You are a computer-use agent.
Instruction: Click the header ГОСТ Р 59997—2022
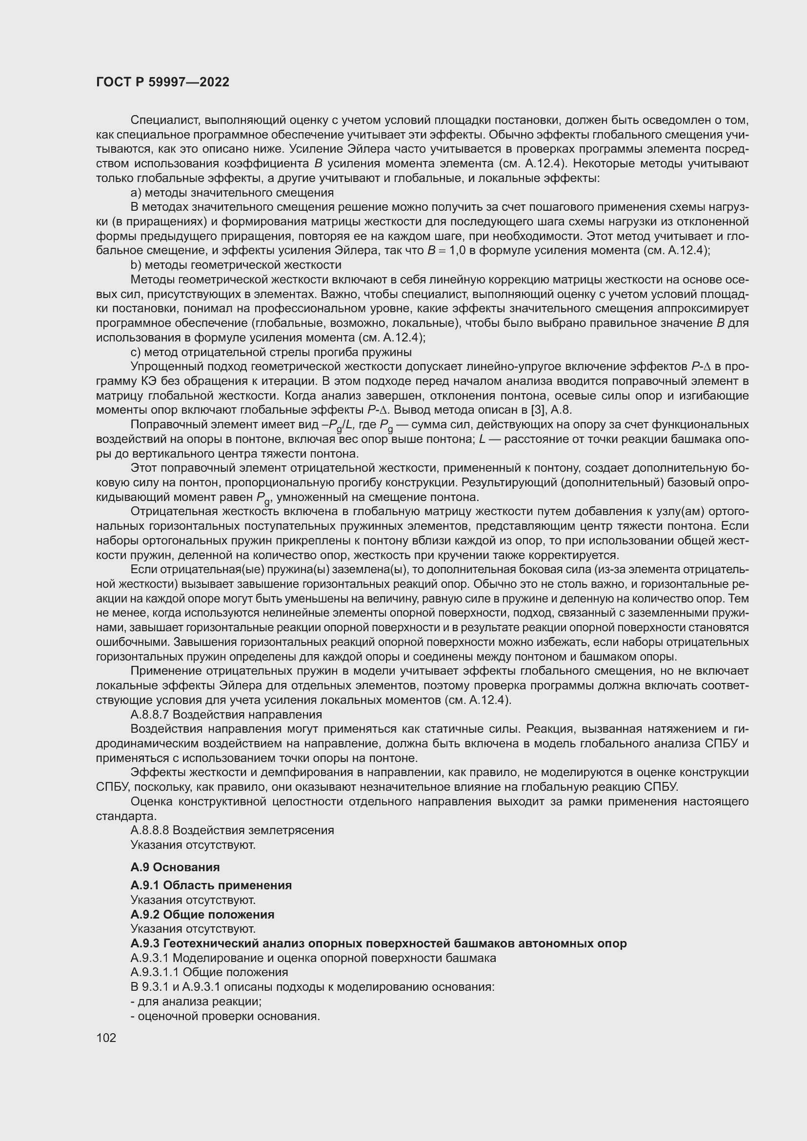pyautogui.click(x=162, y=82)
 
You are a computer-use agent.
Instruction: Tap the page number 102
pyautogui.click(x=106, y=1038)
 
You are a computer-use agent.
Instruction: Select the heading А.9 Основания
pyautogui.click(x=175, y=867)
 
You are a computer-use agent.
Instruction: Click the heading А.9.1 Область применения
pyautogui.click(x=211, y=885)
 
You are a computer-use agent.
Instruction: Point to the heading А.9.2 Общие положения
pyautogui.click(x=202, y=914)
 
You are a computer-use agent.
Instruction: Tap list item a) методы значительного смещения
pyautogui.click(x=232, y=192)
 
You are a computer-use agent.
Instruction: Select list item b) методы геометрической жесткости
pyautogui.click(x=236, y=265)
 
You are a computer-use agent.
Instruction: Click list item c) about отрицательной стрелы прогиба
pyautogui.click(x=271, y=352)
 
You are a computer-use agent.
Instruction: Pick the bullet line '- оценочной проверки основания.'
pyautogui.click(x=224, y=1016)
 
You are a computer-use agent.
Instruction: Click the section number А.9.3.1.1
pyautogui.click(x=155, y=972)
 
